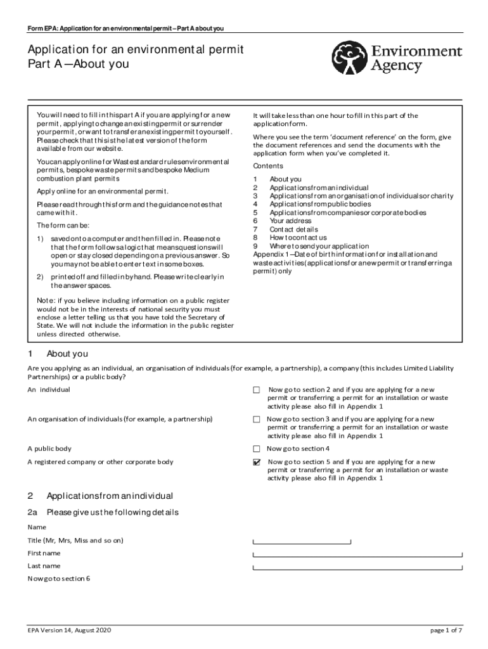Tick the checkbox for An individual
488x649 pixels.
tap(257, 390)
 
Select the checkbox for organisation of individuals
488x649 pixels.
tap(257, 420)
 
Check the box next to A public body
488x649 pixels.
tap(257, 449)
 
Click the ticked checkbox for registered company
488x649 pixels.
tap(257, 463)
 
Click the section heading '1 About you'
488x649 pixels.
tap(58, 354)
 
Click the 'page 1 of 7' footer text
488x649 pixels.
tap(446, 630)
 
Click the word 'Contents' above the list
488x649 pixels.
tap(268, 166)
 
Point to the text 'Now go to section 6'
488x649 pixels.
tap(59, 578)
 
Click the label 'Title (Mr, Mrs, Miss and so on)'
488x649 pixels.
tap(75, 540)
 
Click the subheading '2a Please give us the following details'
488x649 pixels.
tap(103, 512)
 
